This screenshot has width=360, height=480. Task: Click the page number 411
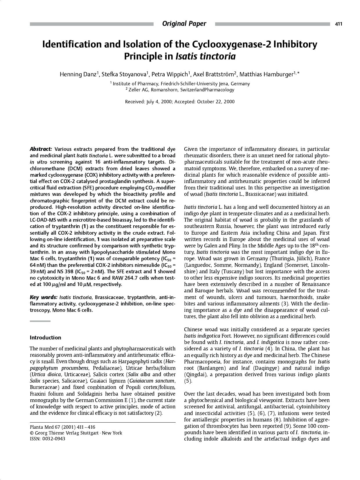[339, 24]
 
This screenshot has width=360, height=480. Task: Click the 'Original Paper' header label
[184, 24]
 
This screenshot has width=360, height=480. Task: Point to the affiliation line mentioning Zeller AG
[180, 90]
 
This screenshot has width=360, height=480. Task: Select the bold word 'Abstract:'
[41, 149]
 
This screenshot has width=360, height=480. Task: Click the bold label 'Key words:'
[44, 297]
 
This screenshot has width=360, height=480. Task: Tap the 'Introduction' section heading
[45, 338]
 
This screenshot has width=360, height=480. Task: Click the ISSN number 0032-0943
[54, 439]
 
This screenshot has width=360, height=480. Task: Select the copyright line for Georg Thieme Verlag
[76, 433]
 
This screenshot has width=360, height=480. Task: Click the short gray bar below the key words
[40, 321]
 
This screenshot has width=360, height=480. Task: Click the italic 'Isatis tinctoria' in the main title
[206, 56]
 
